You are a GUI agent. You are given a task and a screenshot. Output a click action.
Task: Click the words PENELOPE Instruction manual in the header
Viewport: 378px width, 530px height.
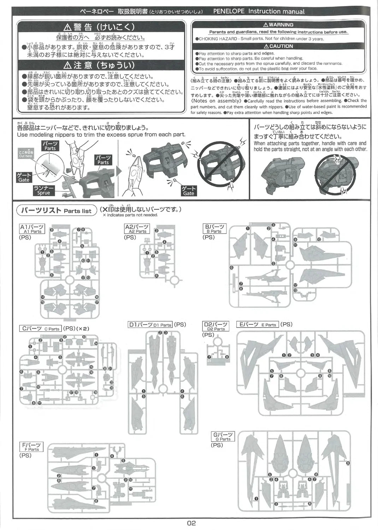pos(259,11)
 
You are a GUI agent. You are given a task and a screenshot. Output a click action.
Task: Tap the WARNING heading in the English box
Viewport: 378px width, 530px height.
pos(278,25)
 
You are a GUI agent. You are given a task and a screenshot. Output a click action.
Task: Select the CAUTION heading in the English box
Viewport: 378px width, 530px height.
pos(278,46)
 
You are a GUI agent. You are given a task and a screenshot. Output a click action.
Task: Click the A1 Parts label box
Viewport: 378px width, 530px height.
pos(31,229)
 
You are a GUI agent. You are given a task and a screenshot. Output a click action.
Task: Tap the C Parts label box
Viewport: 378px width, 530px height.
pos(40,329)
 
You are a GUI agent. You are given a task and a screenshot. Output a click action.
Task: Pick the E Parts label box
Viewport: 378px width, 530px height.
pos(258,324)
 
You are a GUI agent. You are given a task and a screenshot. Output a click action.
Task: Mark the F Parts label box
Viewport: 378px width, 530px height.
pos(31,447)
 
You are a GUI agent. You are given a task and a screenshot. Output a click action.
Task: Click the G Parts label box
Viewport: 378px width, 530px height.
pos(223,437)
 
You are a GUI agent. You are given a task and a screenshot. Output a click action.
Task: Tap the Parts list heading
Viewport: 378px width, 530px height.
pos(57,211)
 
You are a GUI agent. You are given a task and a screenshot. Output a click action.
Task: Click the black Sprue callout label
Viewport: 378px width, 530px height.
pos(44,190)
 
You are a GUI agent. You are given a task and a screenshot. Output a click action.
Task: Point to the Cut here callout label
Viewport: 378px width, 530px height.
pos(25,154)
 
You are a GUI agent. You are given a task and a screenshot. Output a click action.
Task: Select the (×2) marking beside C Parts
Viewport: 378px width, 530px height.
pos(82,329)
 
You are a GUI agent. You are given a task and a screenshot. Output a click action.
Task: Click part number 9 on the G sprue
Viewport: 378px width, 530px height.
pos(348,463)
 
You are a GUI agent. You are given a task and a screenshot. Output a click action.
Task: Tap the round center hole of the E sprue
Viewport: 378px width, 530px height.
pos(301,373)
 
